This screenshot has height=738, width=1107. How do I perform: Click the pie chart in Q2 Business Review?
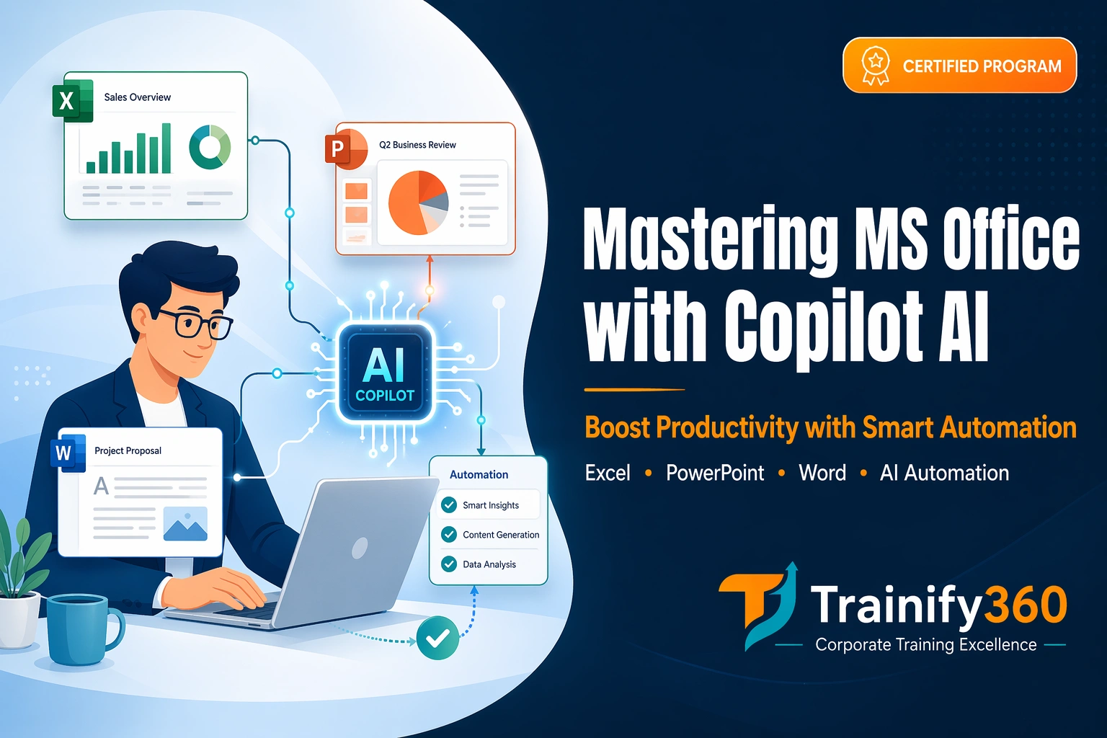(x=418, y=203)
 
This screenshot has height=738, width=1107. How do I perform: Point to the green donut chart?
(x=210, y=146)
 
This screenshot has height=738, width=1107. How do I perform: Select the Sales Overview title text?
(x=137, y=97)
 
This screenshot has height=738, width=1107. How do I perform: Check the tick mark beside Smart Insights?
(x=449, y=505)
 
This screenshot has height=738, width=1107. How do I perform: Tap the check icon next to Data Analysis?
(x=449, y=564)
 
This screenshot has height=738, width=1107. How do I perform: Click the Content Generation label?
(x=501, y=535)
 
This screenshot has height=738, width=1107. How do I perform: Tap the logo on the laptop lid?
(x=359, y=549)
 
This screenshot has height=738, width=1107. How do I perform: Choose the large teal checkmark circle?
(x=437, y=638)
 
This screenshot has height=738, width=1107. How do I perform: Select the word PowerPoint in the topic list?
(x=714, y=473)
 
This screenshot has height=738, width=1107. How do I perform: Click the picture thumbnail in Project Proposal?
(x=185, y=524)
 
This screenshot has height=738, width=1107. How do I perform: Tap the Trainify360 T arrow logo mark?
(x=759, y=604)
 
